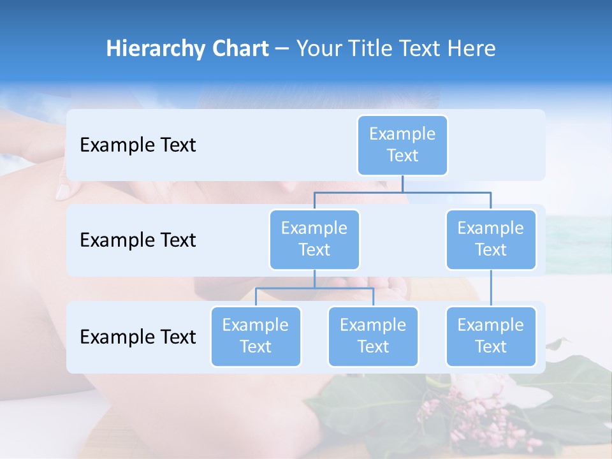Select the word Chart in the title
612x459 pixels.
point(239,48)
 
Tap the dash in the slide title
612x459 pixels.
point(282,49)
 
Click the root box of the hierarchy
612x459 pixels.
point(402,145)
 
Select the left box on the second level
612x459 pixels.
point(314,239)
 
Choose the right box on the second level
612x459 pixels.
point(491,239)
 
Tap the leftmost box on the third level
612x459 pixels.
point(256,336)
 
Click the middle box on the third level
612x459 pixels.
point(373,336)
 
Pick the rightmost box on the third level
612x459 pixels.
point(491,336)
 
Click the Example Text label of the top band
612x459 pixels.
point(138,145)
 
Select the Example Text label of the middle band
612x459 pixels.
point(138,240)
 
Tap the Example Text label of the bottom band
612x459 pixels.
point(138,337)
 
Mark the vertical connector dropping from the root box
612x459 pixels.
point(402,184)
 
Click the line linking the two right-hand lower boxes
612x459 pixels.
point(491,288)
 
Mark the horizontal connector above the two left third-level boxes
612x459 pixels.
point(314,288)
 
